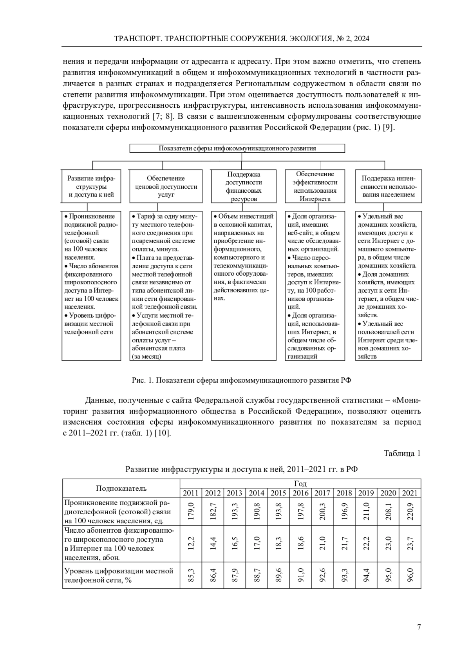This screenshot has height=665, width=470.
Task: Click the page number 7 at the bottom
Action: click(419, 627)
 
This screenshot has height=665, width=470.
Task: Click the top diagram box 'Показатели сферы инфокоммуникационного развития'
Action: click(237, 148)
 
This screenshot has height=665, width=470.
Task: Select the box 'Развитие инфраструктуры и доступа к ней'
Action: click(91, 186)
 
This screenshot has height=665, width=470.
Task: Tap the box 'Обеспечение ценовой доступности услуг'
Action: click(166, 186)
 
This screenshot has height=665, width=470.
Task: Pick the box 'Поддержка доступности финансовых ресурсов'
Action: click(244, 186)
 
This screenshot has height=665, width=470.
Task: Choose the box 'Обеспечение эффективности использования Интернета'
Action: click(315, 186)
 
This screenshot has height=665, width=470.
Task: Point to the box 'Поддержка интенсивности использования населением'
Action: click(388, 186)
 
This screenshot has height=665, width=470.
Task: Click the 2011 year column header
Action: click(191, 493)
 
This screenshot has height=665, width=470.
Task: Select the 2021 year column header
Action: click(410, 493)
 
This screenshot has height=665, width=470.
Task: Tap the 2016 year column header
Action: click(300, 493)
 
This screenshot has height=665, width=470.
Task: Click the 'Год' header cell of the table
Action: click(300, 484)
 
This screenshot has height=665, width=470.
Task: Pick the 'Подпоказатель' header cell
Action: click(121, 488)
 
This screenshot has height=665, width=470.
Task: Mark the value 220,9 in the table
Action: click(410, 511)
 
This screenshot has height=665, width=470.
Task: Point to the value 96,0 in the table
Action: click(410, 575)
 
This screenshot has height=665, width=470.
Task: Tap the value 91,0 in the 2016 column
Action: click(300, 575)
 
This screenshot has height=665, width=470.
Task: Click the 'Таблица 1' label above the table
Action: click(402, 454)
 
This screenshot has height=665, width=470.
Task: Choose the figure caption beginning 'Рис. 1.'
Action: click(242, 380)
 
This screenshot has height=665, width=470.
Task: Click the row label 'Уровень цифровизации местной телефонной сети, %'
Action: click(119, 575)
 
